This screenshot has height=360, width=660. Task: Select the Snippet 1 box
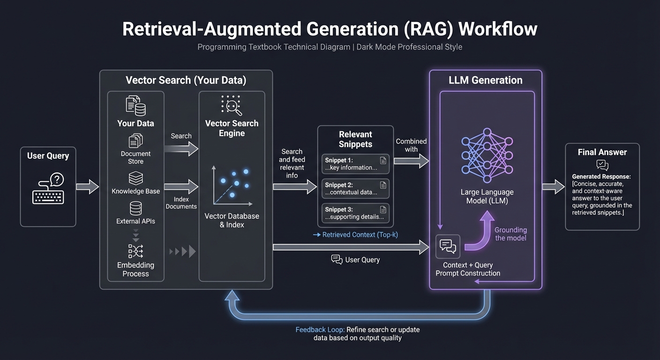tap(355, 164)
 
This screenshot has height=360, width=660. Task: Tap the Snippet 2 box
tap(355, 188)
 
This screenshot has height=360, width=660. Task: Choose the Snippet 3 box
tap(355, 213)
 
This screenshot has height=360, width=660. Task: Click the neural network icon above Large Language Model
tap(487, 155)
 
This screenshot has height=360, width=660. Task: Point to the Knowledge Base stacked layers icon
tap(135, 179)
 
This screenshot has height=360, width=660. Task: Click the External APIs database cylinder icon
tap(135, 208)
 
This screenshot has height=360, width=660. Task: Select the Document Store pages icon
tap(135, 141)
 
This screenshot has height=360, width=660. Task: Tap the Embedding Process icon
tap(135, 251)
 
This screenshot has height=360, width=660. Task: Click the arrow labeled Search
tap(181, 149)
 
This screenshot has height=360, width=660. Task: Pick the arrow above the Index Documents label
tap(181, 187)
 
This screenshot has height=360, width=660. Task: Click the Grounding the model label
tap(510, 234)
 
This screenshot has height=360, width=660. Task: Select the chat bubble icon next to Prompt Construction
tap(448, 246)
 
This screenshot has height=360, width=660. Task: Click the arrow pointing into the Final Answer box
tap(553, 187)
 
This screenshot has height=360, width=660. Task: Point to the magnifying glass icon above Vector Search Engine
tap(232, 105)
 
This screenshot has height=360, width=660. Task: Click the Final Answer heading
tap(602, 152)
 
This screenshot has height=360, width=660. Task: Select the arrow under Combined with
tap(411, 161)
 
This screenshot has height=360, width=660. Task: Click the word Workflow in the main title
tap(497, 29)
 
